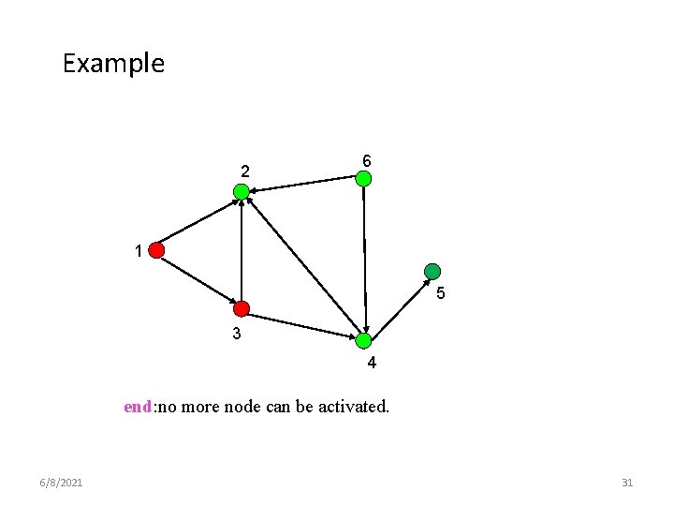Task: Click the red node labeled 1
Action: coord(156,250)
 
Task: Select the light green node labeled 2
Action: coord(242,191)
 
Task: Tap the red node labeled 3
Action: coord(242,308)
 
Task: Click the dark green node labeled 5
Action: coord(432,272)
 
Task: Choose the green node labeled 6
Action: coord(364,177)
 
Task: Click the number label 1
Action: coord(138,251)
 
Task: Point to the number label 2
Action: coord(244,171)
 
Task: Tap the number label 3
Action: coord(237,334)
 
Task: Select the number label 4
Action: coord(372,364)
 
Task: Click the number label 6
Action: coord(366,161)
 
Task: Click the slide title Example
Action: coord(113,64)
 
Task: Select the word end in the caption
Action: coord(138,407)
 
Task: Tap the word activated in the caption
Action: coord(355,407)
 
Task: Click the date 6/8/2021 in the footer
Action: coord(61,483)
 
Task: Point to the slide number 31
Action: coord(627,483)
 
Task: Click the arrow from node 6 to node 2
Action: coord(304,185)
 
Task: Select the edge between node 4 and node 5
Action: coord(398,305)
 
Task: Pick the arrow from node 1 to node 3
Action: coord(199,280)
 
